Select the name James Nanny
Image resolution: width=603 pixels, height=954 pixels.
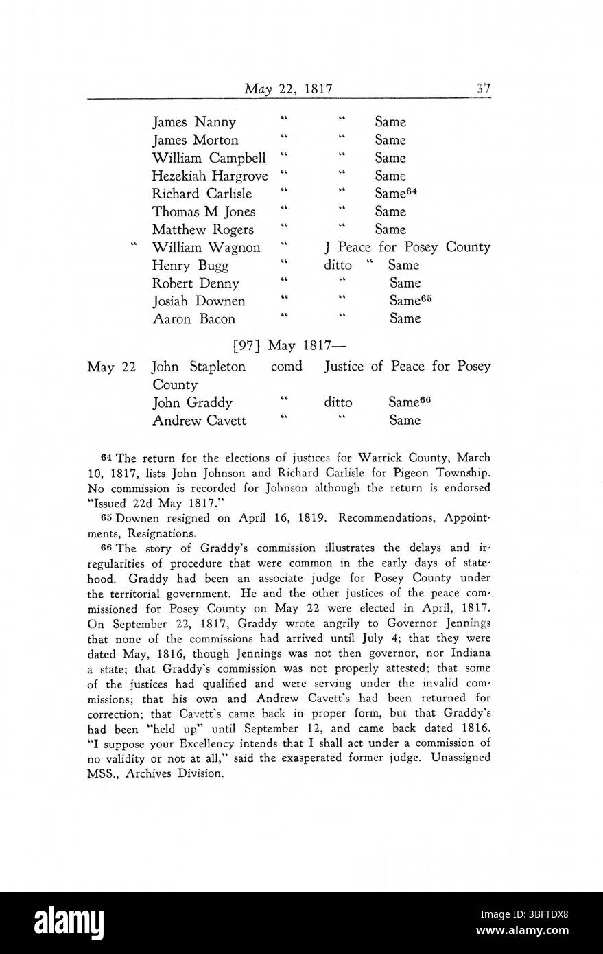pos(194,122)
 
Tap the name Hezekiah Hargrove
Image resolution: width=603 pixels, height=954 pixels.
pos(210,176)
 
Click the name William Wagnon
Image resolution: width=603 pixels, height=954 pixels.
pos(206,247)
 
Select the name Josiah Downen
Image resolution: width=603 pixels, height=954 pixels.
pos(199,301)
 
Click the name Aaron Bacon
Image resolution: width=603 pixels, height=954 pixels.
pos(193,318)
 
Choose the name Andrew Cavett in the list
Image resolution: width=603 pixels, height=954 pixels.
pos(199,420)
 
